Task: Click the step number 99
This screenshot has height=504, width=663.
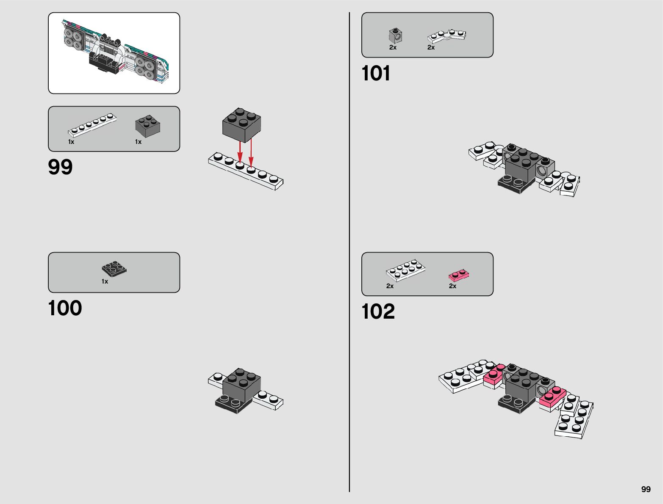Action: [x=60, y=167]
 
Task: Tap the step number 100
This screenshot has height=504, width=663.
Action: [x=65, y=308]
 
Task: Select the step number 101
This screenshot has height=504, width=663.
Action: [x=376, y=73]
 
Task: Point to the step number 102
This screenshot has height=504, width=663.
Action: [x=378, y=312]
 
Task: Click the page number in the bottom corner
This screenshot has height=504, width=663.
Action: [x=646, y=489]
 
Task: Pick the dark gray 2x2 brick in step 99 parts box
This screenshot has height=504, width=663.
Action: [x=148, y=126]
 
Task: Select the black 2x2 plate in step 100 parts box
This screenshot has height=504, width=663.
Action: [x=114, y=269]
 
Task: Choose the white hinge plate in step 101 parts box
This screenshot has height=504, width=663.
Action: [x=447, y=36]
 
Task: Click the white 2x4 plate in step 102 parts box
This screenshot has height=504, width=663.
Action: [x=405, y=270]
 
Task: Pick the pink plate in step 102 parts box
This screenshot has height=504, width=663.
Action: [x=459, y=275]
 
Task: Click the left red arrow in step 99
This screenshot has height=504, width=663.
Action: [x=240, y=152]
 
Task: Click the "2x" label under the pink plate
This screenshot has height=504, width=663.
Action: [x=452, y=286]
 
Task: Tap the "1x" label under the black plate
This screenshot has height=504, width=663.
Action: [x=105, y=281]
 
